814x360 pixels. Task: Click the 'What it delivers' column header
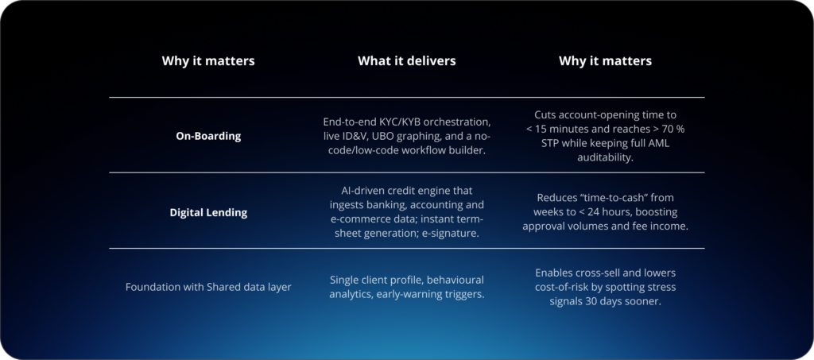tap(406, 60)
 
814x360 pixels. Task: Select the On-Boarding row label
tap(208, 136)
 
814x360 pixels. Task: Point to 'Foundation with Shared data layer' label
tap(208, 287)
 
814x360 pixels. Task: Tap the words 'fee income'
tap(660, 226)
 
